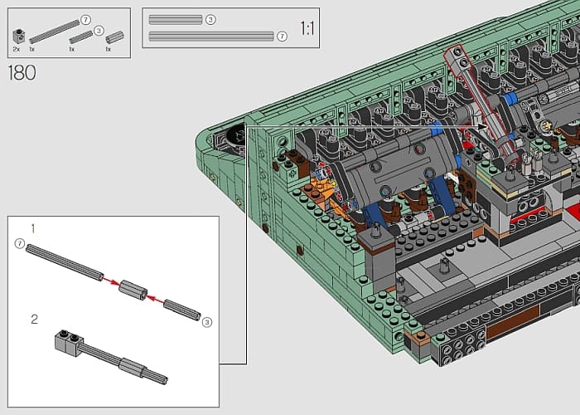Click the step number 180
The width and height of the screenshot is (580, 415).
coord(22,73)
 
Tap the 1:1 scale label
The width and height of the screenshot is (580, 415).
coord(307,28)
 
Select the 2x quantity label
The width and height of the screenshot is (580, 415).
coord(17,49)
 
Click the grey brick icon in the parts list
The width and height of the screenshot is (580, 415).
coord(19,36)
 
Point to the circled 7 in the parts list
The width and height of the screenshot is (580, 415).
coord(85,20)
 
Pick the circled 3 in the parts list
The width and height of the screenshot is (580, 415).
coord(99,31)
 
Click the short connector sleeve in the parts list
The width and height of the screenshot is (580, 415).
coord(114,37)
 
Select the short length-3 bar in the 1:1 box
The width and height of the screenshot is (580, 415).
coord(176,20)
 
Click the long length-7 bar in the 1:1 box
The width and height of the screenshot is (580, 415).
coord(211,36)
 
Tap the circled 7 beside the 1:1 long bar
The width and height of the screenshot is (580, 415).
coord(282,36)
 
